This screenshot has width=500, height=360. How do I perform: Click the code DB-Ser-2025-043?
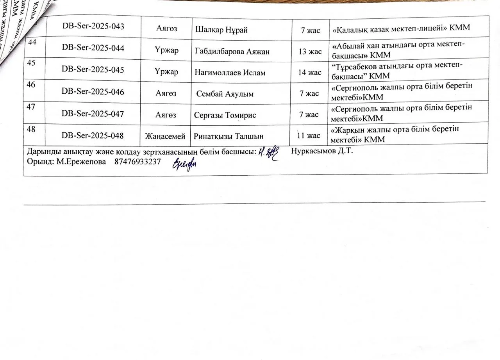93,27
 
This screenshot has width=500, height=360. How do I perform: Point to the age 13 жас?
310,52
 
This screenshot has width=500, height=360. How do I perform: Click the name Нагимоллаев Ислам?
227,73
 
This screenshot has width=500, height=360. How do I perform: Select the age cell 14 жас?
310,73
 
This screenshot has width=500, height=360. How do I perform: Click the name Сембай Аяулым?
225,94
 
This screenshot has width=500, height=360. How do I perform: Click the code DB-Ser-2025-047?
93,114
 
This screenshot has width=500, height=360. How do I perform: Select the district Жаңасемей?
165,136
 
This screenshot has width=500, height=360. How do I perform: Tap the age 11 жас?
309,135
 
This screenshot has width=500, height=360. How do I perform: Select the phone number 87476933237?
137,162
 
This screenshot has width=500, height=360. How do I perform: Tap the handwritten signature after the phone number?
185,164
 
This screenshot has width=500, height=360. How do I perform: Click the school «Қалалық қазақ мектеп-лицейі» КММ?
401,29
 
